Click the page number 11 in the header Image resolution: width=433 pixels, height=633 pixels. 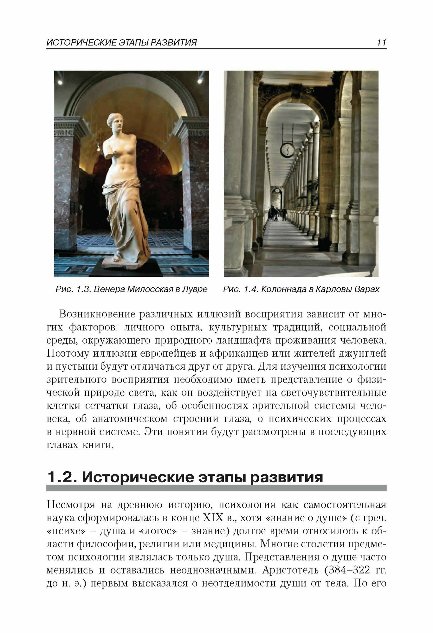tap(381, 42)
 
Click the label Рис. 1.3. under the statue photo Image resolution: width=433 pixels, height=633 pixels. tap(74, 289)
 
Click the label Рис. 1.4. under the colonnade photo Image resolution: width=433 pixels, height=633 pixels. tap(241, 289)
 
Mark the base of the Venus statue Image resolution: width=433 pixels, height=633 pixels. tap(125, 265)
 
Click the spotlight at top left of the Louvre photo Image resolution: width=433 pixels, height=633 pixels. tap(60, 81)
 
